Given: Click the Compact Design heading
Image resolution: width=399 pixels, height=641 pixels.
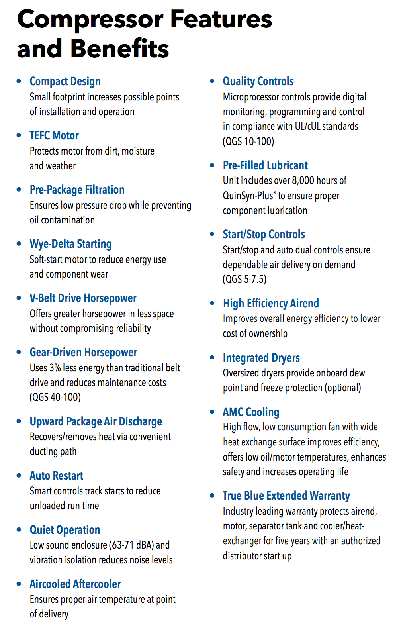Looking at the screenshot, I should (65, 81).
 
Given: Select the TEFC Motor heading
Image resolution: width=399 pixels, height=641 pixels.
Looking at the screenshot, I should (54, 135).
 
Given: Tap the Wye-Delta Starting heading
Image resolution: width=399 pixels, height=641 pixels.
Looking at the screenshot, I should (70, 244).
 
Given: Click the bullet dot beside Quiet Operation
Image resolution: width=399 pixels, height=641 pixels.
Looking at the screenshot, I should (19, 530).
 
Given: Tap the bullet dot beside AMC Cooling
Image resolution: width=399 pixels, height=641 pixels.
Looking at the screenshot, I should (212, 412).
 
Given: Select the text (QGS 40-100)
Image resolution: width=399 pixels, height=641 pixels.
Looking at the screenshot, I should (55, 397).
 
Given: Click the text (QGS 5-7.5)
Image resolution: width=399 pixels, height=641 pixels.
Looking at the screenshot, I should (244, 279).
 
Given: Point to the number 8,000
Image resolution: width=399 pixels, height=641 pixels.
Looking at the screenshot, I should (303, 180).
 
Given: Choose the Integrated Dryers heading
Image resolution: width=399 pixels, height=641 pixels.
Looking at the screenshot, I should (261, 358).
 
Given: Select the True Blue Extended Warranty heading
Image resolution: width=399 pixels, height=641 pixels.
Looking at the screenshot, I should (286, 496).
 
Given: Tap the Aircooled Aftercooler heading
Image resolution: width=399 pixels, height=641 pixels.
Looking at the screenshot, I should (75, 584).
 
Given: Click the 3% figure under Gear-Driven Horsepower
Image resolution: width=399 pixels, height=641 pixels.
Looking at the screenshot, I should (55, 368).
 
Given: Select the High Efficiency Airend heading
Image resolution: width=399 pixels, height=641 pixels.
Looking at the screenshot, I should (271, 303).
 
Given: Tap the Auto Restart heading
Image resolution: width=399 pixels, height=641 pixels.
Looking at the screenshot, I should (57, 476).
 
